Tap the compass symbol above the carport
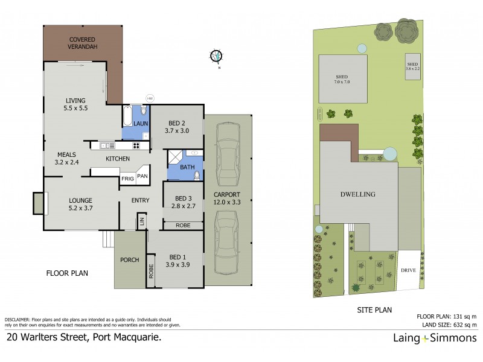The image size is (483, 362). click(x=216, y=57)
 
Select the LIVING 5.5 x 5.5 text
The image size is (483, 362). click(x=75, y=105)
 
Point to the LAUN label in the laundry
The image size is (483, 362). click(x=140, y=124)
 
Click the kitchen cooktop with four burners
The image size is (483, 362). click(x=136, y=145)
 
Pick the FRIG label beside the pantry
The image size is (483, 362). click(x=127, y=179)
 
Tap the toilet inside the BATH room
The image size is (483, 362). click(x=196, y=175)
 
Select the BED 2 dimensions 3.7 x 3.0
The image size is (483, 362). click(x=176, y=130)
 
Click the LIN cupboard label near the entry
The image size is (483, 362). click(x=141, y=221)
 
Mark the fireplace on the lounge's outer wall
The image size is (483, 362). click(x=38, y=203)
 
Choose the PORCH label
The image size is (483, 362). click(x=130, y=260)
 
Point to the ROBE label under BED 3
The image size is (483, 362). click(x=183, y=225)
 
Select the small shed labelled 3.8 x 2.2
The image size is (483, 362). click(x=412, y=66)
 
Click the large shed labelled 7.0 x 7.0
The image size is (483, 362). click(x=342, y=78)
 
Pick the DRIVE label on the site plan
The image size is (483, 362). click(x=409, y=270)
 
